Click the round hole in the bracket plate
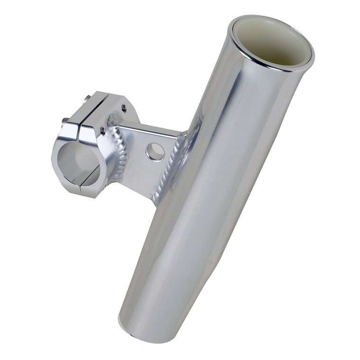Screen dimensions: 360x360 155,152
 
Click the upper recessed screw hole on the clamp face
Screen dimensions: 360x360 124,108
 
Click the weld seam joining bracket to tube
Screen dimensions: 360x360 173,166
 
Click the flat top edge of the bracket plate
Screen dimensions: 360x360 152,128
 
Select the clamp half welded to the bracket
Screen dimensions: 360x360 102,152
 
